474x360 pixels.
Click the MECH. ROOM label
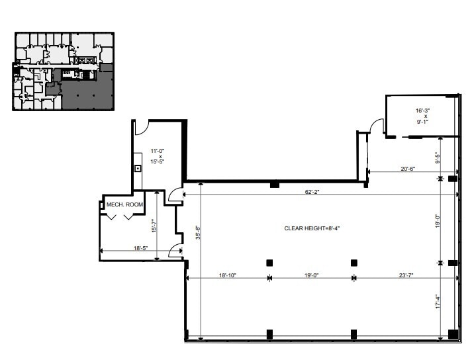point(125,205)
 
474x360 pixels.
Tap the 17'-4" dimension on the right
point(438,302)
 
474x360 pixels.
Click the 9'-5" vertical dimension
point(438,157)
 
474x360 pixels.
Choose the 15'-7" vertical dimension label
point(154,226)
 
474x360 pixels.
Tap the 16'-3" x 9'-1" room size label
point(422,116)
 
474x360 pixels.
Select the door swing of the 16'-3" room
point(377,126)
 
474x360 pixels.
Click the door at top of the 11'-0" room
point(141,126)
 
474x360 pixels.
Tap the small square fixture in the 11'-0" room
point(138,168)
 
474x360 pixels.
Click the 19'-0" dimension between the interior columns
point(312,275)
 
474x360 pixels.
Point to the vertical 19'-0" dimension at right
point(438,220)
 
